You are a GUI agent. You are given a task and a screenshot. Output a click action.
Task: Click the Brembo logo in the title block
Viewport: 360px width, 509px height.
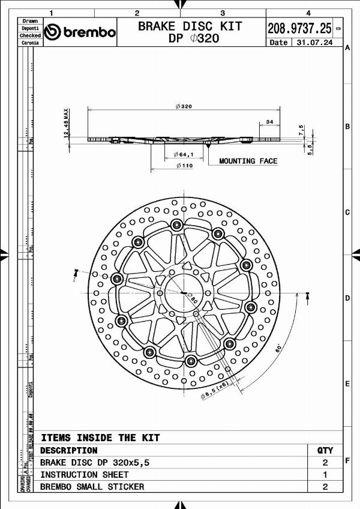click(80, 32)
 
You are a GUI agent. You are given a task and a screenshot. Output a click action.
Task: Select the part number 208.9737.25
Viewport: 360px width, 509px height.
click(299, 28)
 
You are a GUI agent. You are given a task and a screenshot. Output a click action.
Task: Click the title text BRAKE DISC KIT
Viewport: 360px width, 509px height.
click(190, 26)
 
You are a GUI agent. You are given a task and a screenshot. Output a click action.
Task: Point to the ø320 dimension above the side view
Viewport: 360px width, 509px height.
click(184, 106)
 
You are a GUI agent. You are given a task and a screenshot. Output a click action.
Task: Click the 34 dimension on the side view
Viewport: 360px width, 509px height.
click(269, 122)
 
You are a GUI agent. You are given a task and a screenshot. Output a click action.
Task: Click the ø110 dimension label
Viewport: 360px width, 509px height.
click(184, 166)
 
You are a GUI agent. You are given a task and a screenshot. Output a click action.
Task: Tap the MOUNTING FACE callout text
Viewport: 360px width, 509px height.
click(248, 161)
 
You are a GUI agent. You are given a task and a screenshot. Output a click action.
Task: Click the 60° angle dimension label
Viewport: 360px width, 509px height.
click(278, 348)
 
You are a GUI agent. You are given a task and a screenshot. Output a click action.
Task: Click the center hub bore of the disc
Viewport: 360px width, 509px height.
click(184, 292)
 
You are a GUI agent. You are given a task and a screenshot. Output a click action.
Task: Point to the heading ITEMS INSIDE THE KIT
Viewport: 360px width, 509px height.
click(100, 438)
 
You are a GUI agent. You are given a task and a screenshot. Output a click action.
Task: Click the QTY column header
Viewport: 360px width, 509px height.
click(325, 450)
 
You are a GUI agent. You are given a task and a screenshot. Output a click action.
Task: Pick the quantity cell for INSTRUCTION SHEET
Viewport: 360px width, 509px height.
click(325, 475)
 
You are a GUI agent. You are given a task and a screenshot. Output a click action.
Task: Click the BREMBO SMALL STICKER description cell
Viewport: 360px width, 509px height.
click(92, 487)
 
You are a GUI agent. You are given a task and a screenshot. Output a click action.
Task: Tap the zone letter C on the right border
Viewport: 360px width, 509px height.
click(347, 212)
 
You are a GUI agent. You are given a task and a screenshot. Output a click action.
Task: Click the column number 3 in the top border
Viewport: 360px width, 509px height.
click(223, 13)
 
